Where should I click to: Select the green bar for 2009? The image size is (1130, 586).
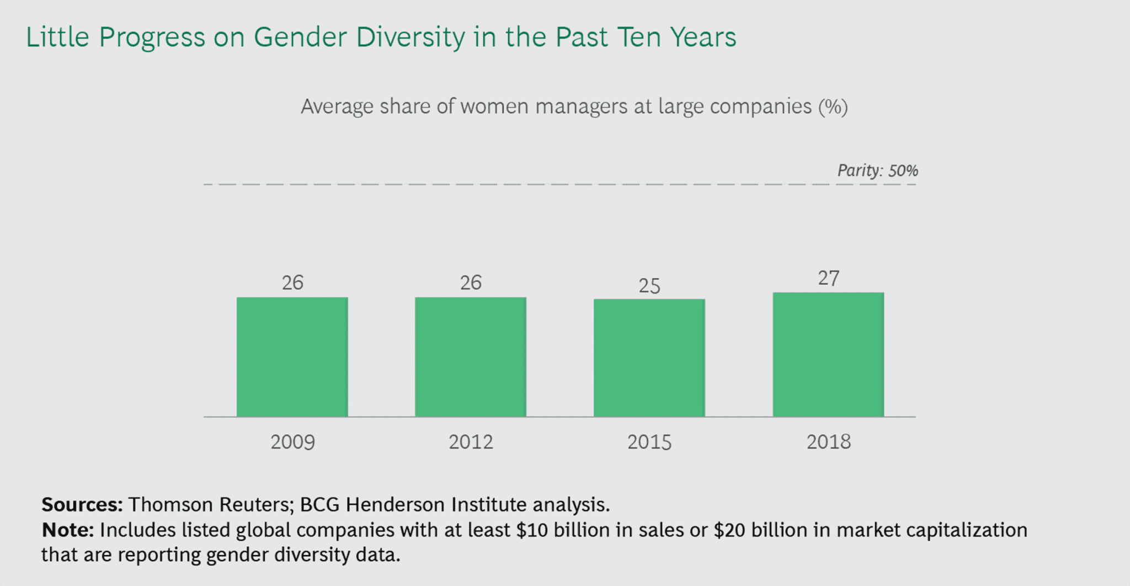click(292, 357)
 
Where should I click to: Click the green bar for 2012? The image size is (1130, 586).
click(471, 357)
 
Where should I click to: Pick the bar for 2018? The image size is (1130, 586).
click(828, 354)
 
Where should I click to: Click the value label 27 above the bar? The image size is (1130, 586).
click(828, 278)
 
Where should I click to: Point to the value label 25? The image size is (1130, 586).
click(649, 285)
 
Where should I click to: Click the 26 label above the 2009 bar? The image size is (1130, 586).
click(292, 283)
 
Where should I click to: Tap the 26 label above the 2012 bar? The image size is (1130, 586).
click(471, 283)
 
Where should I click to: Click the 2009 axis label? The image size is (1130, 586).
click(292, 442)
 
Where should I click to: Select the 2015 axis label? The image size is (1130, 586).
click(649, 442)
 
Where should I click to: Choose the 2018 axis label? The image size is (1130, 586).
click(828, 442)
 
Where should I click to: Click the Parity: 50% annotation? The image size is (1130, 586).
click(877, 171)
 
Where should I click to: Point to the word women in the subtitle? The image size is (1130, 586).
click(494, 106)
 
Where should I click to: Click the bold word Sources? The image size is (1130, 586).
click(82, 504)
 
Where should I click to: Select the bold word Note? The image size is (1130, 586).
click(68, 530)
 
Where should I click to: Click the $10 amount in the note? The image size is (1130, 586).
click(532, 530)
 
